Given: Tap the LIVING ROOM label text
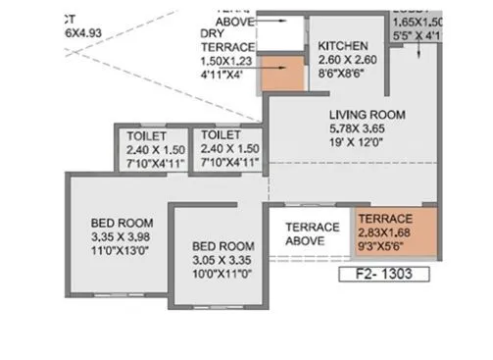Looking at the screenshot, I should point(363,114).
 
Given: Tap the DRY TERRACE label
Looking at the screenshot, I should point(226,40).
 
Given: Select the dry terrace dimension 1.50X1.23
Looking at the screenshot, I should point(226,59).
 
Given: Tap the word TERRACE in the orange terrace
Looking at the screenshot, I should point(384,218).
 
